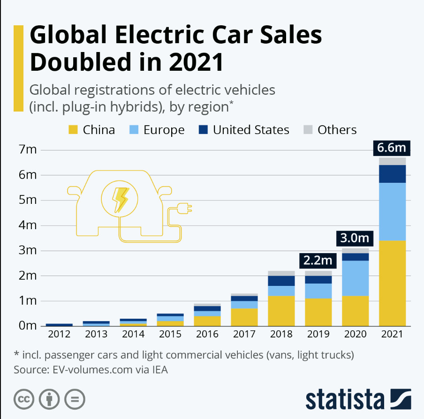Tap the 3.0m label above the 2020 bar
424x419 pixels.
pos(354,238)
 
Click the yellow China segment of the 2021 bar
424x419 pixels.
pos(392,283)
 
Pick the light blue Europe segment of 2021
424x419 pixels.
pos(392,211)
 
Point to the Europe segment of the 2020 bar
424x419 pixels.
pos(355,278)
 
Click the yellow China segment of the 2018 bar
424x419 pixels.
pos(281,311)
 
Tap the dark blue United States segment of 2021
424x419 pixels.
pos(392,174)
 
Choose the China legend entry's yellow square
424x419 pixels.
pos(73,130)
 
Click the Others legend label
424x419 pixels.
pos(337,130)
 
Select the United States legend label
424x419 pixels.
pos(251,130)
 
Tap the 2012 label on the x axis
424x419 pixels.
pos(59,334)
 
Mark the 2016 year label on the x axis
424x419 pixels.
pos(207,334)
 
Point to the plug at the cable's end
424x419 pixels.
pos(186,208)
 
